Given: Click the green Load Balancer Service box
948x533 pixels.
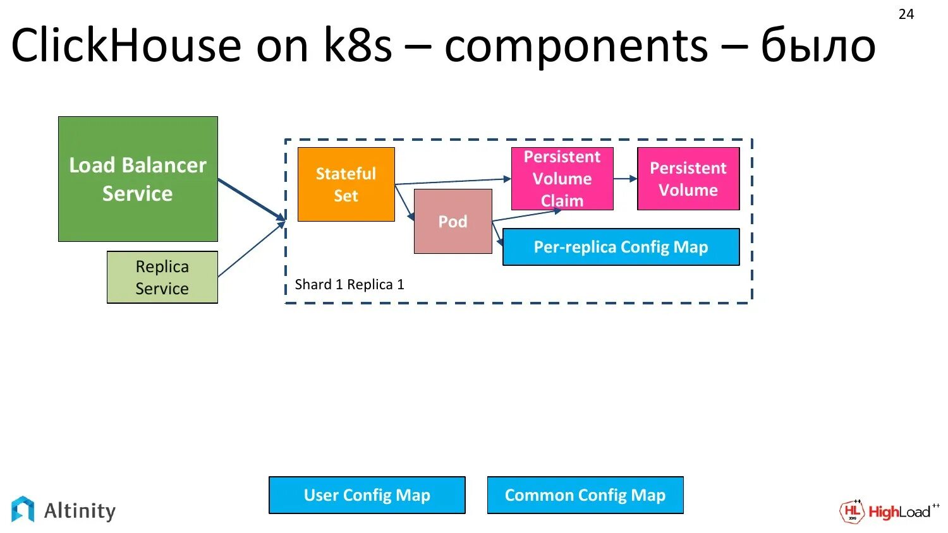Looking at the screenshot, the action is coord(138,179).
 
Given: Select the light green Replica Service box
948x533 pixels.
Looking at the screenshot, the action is coord(162,277).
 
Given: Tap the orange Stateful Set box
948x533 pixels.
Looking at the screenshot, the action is coord(346,184).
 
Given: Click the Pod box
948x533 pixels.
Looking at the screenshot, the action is coord(453,221).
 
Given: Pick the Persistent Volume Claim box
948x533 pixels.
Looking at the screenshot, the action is coord(562,179).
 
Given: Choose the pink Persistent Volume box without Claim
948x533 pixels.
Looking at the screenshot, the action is coord(689,179).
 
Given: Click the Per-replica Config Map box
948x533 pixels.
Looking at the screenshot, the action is coord(621,247).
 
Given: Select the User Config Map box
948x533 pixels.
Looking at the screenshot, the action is coord(367,495).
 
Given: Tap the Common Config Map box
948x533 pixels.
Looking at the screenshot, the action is coord(585,495).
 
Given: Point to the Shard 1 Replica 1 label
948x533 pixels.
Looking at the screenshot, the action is coord(349,285).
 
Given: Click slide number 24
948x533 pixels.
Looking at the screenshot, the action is coord(906,15).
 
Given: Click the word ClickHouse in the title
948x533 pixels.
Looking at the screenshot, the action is coord(126,45).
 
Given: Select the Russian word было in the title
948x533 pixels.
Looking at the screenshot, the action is coord(818,45).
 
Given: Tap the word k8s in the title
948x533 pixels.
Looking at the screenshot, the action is coord(358,45).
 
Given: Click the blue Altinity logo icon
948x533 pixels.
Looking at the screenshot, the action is coord(23,509).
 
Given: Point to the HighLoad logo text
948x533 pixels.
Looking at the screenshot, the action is coord(899,512).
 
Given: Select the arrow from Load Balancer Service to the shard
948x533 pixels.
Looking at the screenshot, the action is coord(252,200).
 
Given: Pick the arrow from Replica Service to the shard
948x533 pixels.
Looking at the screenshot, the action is coord(252,249).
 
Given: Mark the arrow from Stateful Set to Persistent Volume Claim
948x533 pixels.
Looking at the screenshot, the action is coord(453,181).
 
